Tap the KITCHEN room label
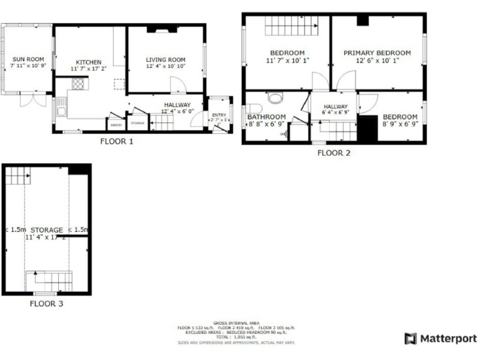coord(88,62)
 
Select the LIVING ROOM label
coord(166,59)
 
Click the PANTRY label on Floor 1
coord(116,125)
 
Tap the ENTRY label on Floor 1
coord(219,115)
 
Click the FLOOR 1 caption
coord(117,141)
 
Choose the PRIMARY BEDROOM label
coord(377,53)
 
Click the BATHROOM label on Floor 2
coord(266,117)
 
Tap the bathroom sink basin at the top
coord(275,97)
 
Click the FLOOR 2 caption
coord(334,152)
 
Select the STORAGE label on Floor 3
coord(46,229)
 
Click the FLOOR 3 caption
coord(46,304)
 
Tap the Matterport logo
coord(441,339)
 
